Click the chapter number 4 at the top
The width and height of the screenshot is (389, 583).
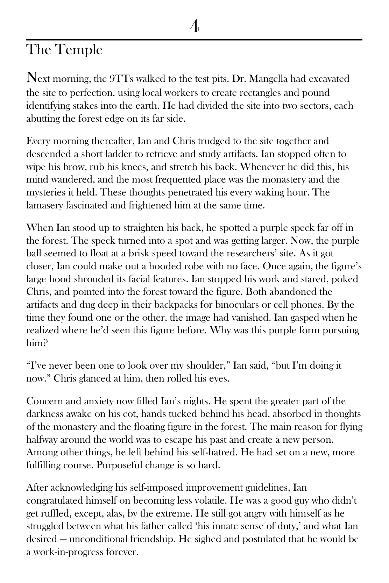[194, 26]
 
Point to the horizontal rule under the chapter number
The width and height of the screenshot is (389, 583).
[194, 40]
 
